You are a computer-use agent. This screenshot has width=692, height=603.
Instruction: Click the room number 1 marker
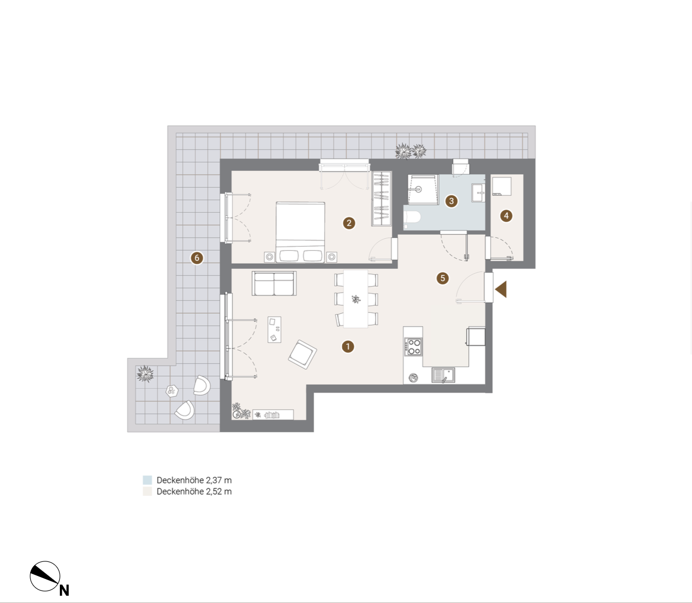(348, 347)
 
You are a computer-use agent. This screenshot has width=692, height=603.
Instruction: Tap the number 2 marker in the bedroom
(349, 223)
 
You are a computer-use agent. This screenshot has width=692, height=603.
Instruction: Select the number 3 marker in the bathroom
(451, 201)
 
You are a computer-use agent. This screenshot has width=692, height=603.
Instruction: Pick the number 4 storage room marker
(506, 216)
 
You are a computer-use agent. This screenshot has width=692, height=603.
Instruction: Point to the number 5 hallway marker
(442, 278)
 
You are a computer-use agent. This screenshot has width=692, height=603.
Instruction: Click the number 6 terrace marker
(197, 258)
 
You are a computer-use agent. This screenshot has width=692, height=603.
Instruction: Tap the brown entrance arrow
(501, 289)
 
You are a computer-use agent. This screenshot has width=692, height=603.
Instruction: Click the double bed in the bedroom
(300, 232)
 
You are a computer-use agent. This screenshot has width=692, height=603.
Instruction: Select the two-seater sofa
(274, 284)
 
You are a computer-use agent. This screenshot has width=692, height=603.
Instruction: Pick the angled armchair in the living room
(302, 354)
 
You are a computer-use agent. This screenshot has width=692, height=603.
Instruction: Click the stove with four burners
(414, 347)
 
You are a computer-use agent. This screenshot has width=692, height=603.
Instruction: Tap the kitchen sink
(443, 376)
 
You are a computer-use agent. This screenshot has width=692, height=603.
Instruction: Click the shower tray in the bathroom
(423, 189)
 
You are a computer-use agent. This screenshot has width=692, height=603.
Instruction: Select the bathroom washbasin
(479, 193)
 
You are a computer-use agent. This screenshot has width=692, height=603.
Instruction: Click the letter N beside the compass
(65, 590)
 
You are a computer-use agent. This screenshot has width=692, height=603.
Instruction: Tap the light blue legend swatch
(147, 480)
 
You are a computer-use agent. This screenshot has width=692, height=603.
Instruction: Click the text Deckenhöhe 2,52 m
(194, 491)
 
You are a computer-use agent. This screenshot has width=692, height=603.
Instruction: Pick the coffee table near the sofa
(274, 330)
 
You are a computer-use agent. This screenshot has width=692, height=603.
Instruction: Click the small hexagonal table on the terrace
(172, 391)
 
